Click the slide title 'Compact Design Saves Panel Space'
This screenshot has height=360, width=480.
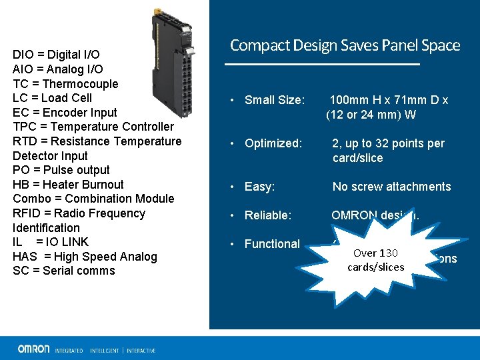point(345,45)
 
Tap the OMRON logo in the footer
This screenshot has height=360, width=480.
point(33,349)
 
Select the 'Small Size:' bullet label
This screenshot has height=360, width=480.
point(275,100)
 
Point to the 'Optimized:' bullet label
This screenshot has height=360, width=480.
point(273,143)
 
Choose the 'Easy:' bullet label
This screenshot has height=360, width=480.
point(259,187)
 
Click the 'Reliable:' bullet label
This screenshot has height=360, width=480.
point(268,215)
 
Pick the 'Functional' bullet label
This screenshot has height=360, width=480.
point(272,244)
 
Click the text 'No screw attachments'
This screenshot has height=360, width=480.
point(391,187)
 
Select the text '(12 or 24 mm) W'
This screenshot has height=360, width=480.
point(371,115)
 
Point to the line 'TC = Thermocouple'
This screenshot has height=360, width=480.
point(65,84)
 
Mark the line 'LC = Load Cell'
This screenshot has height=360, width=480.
point(52,98)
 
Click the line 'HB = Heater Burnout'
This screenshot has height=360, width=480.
point(68,185)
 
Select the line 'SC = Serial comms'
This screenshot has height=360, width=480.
point(64,271)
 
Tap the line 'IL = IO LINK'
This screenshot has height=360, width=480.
point(51,242)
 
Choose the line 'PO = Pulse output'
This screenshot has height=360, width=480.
point(61,170)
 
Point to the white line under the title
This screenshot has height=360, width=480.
point(323,64)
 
